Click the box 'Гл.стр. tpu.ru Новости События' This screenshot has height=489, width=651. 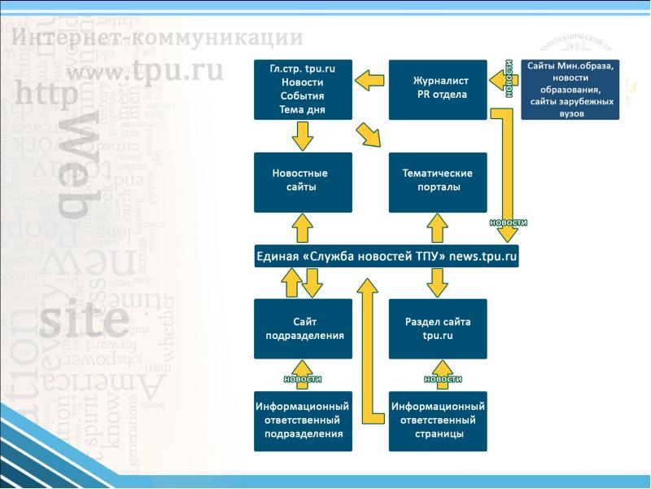pos(303,90)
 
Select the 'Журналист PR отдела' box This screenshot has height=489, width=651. pos(438,90)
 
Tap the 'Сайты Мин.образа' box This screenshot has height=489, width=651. pos(570,90)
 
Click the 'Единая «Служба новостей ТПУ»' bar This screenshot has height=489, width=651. pos(387,257)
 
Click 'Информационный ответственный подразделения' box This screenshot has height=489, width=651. pos(303,421)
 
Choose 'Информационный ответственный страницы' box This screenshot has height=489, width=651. pos(438,421)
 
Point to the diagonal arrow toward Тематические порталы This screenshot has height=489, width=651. pos(369,135)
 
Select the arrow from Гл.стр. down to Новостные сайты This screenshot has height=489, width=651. pos(303,136)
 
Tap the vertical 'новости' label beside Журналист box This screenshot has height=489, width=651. pos(509,79)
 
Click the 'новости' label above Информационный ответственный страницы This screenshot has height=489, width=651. pos(443,379)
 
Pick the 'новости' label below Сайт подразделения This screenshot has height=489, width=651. pos(303,379)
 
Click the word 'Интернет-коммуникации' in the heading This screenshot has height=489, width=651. pos(159,38)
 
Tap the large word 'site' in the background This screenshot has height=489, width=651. pos(85,320)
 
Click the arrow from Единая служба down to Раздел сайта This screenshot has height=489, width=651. pos(438,283)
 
